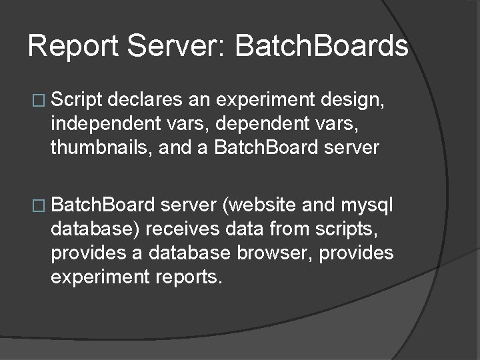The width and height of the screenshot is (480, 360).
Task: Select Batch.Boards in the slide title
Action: pyautogui.click(x=321, y=47)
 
